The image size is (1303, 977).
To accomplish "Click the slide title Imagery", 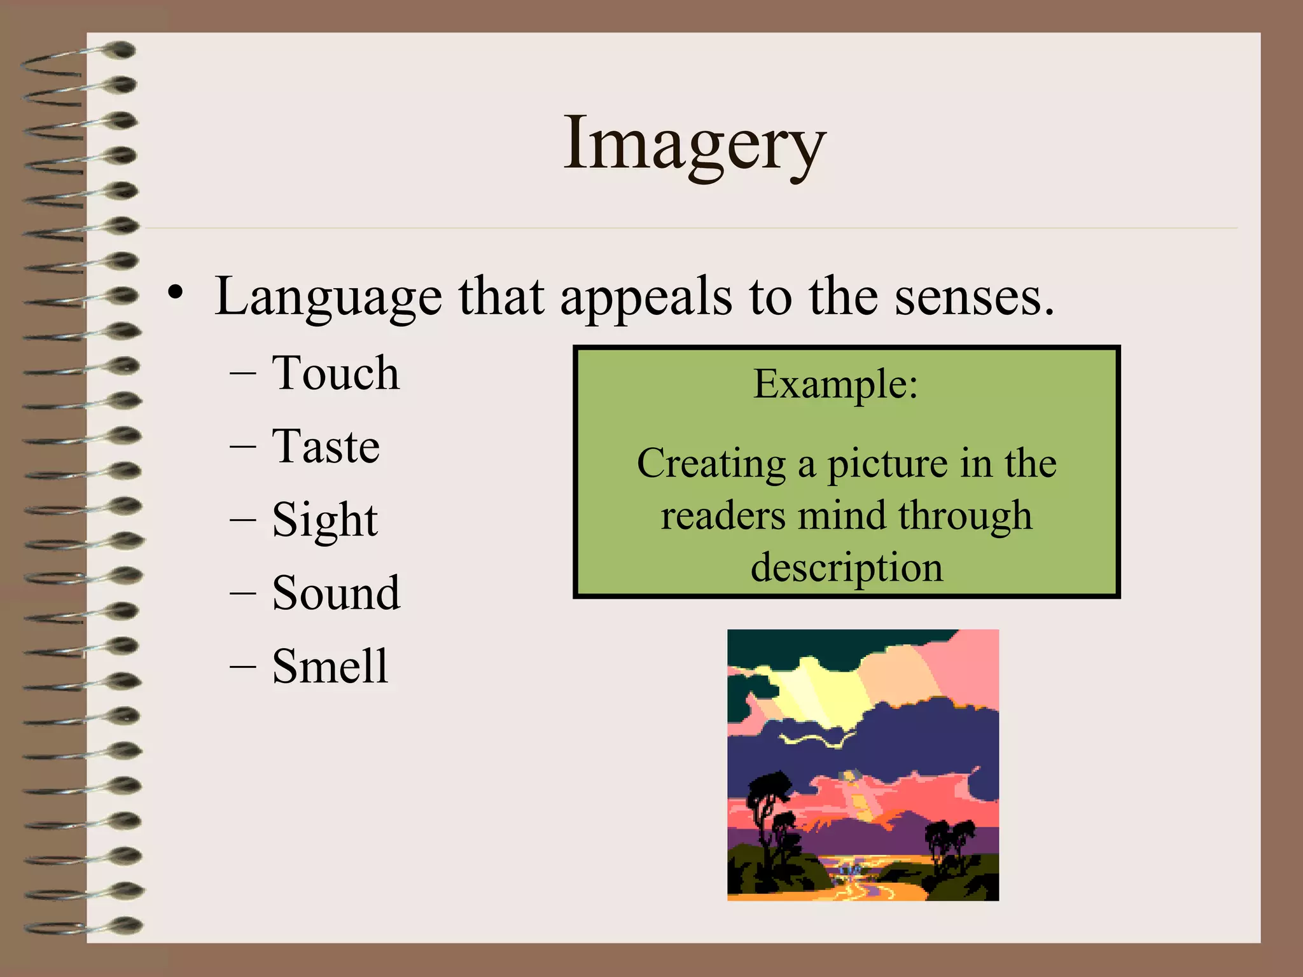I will [694, 145].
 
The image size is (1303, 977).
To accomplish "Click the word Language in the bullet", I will [328, 297].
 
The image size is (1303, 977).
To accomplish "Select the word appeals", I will [646, 297].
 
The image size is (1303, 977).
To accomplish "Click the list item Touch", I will [335, 373].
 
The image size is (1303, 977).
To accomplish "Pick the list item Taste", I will [325, 447].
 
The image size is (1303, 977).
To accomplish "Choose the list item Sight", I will [324, 520].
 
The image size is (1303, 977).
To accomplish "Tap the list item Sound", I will [335, 593].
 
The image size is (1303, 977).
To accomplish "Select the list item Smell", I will [330, 667].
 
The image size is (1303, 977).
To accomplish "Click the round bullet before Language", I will [176, 293].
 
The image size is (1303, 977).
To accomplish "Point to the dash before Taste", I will [242, 447].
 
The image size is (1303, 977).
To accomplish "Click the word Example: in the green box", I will [835, 384].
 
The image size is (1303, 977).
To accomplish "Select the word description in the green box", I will [846, 567].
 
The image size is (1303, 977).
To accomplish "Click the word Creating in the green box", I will [711, 464].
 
